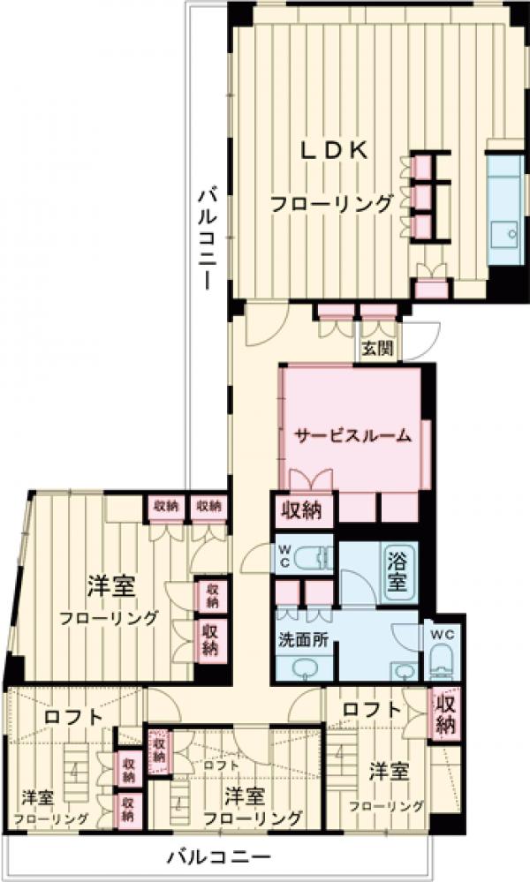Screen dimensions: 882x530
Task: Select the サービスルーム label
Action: tap(352, 434)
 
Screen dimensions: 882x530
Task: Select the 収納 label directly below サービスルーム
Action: tap(302, 510)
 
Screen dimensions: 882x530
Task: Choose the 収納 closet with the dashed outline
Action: tap(159, 750)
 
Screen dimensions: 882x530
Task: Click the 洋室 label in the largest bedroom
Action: tap(110, 584)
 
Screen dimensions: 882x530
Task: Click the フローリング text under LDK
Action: tap(331, 204)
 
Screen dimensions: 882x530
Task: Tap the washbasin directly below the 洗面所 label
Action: tap(302, 669)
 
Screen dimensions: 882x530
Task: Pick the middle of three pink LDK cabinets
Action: tap(421, 193)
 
